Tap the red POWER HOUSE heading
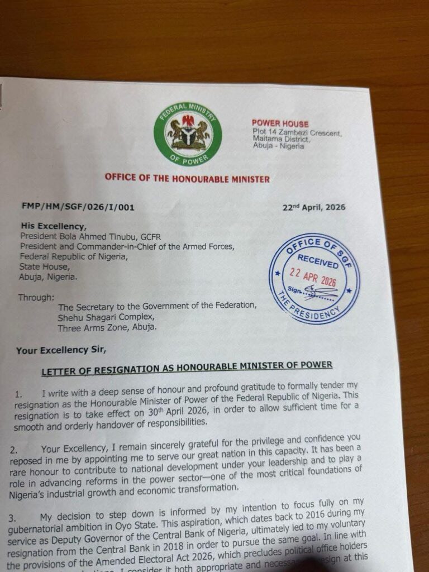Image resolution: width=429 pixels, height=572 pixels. (280, 123)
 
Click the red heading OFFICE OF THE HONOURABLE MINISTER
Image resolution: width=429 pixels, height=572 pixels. (187, 179)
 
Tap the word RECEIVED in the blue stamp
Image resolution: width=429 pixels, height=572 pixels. (317, 260)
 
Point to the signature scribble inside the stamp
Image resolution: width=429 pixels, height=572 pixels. (319, 291)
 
